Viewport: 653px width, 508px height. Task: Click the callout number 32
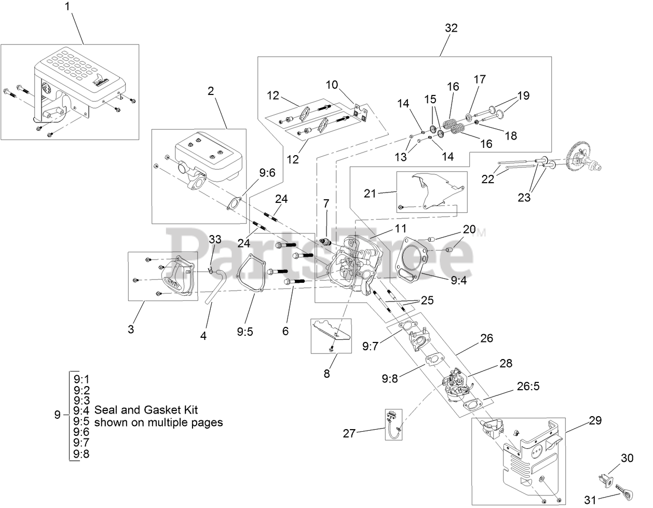[x=451, y=29]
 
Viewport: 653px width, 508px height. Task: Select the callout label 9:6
[x=267, y=173]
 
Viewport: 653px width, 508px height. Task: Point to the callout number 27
[x=349, y=432]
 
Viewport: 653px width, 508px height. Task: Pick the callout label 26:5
[x=529, y=386]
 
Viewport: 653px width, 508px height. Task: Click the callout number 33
[x=215, y=239]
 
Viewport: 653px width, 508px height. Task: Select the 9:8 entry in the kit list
[x=81, y=454]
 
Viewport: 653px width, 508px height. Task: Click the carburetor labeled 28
[x=456, y=384]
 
